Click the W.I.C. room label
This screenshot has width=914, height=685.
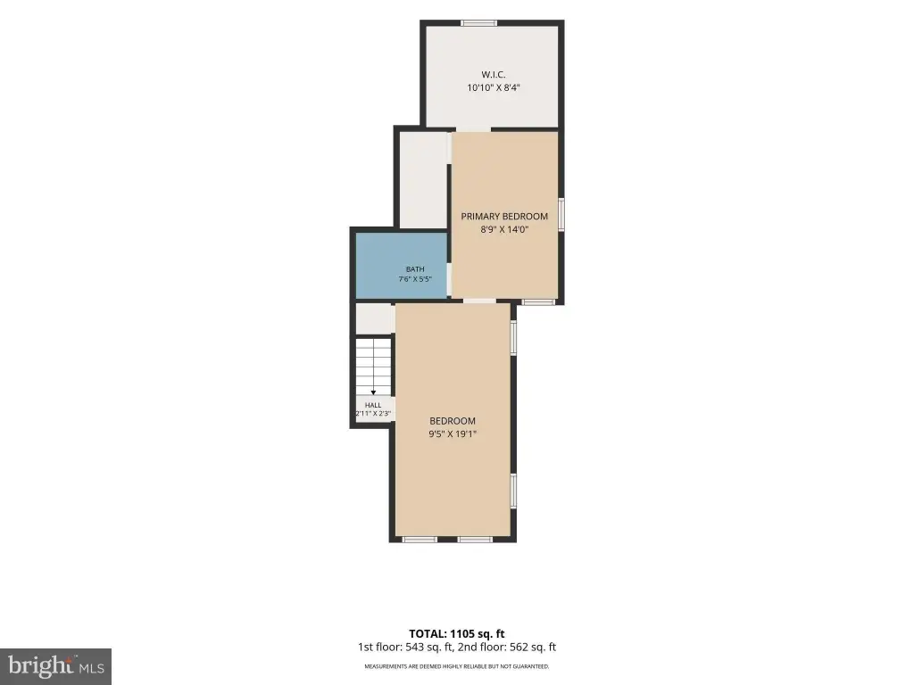493,75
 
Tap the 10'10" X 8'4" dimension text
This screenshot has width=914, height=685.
493,88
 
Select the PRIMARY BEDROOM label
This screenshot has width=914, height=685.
504,216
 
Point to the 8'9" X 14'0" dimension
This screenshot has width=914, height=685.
504,229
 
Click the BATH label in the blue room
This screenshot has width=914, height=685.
415,269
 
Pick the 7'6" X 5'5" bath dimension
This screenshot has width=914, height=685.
415,279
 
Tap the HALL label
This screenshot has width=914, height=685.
373,405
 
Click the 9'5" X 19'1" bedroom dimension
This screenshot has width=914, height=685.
453,434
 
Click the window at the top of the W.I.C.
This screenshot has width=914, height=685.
478,23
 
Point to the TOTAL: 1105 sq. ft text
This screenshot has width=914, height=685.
456,634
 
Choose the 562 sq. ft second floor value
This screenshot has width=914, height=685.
533,648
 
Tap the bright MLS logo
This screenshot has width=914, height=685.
55,666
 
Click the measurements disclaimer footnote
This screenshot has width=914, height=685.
456,666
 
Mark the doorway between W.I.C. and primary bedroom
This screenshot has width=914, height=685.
473,129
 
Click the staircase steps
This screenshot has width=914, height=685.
373,367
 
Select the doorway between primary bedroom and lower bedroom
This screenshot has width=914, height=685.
479,301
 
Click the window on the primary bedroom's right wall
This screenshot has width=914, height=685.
561,215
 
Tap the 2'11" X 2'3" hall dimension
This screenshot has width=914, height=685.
373,414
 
